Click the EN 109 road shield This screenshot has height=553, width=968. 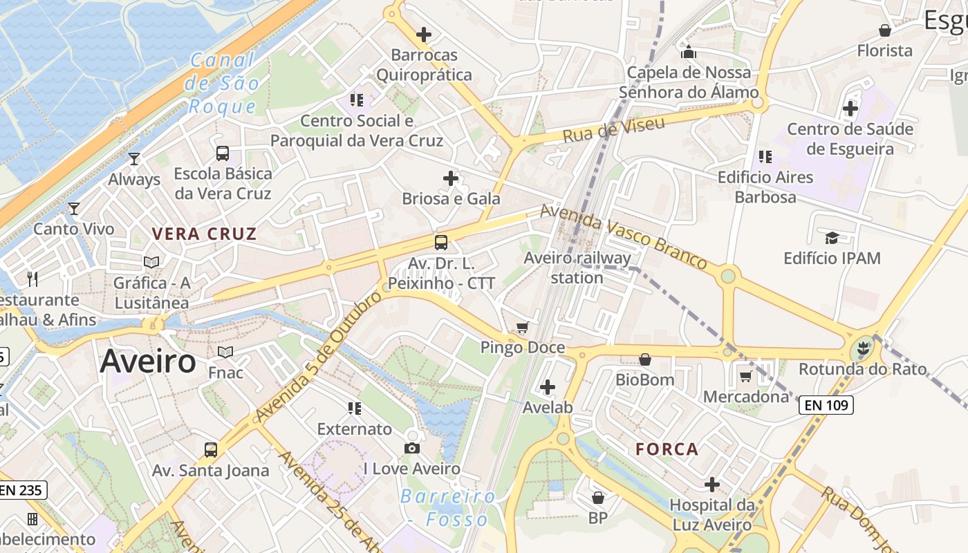826,405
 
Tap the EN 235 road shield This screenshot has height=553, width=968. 23,490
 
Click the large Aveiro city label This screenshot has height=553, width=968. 148,362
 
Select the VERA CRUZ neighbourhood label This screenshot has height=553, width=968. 205,234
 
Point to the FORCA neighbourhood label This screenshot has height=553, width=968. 667,449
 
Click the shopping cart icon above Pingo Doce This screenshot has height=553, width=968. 523,328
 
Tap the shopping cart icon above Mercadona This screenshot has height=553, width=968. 745,377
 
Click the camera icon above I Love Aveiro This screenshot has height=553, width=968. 412,449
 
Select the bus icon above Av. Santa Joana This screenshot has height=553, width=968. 211,450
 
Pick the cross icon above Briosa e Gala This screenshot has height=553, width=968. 451,178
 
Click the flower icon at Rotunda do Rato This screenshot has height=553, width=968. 862,349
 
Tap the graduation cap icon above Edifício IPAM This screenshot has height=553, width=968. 832,238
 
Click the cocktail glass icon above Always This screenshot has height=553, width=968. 134,159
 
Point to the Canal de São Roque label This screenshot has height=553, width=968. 223,83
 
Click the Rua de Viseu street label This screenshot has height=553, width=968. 613,129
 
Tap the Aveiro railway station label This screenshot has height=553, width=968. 577,268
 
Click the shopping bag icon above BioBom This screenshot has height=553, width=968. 644,359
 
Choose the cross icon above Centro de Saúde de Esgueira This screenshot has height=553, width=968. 850,109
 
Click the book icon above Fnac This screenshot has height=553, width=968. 225,353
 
